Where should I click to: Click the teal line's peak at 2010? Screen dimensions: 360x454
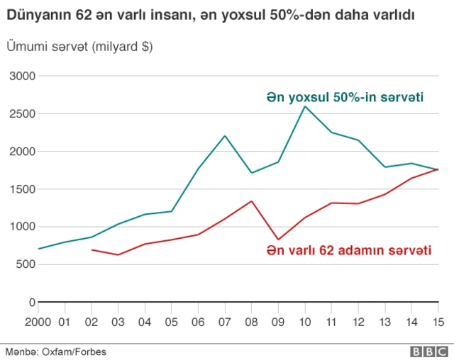305,106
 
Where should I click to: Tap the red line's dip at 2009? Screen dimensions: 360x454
278,240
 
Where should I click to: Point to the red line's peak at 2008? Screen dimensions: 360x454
251,201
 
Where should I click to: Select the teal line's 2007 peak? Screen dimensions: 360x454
225,136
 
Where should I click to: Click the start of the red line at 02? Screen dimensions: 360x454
92,249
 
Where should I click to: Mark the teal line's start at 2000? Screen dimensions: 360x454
39,249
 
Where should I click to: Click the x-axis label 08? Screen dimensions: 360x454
252,322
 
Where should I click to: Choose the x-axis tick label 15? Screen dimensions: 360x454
438,322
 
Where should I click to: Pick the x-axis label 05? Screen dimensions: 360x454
172,322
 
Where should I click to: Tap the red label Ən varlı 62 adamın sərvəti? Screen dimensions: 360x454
349,250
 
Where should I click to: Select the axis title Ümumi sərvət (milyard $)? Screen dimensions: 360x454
79,47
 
